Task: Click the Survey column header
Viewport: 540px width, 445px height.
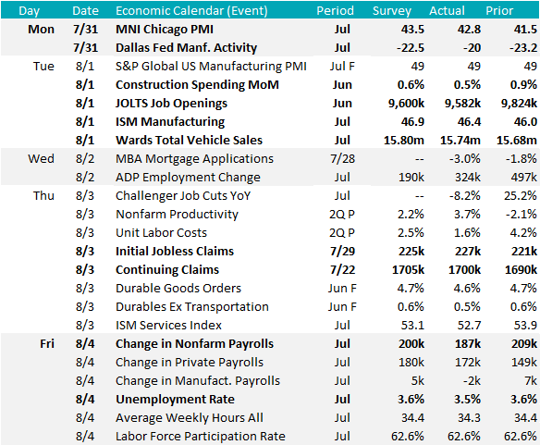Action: [x=392, y=11]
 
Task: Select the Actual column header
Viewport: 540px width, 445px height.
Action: [x=447, y=11]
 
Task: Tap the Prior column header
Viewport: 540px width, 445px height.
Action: [x=499, y=11]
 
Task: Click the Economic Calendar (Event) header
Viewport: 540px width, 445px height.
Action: [x=191, y=11]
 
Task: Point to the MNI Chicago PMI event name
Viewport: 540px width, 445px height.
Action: [x=165, y=30]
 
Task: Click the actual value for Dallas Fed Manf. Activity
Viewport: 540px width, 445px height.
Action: [x=472, y=47]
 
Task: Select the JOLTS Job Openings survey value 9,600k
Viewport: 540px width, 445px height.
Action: [x=406, y=103]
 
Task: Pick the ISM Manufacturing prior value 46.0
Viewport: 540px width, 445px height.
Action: [x=525, y=122]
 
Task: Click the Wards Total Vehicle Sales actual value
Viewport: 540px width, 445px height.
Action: [x=460, y=141]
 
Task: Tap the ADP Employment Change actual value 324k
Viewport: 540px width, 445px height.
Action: [x=467, y=178]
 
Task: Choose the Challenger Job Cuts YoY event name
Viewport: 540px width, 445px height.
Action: [x=183, y=196]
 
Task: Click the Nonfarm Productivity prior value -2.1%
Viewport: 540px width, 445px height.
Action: [x=522, y=214]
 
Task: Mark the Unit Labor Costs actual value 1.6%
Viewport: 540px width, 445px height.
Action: [x=467, y=232]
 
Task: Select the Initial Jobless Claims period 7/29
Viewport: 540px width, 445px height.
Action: [x=342, y=252]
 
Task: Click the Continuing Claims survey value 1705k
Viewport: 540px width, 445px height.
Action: [x=408, y=269]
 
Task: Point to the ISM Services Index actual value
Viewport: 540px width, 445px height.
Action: [x=470, y=325]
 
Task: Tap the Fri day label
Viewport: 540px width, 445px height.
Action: [x=47, y=343]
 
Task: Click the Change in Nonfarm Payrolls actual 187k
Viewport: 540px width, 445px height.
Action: [x=468, y=343]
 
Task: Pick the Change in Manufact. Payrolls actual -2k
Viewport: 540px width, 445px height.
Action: [x=472, y=380]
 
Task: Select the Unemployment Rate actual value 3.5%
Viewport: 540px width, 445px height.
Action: [x=467, y=399]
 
